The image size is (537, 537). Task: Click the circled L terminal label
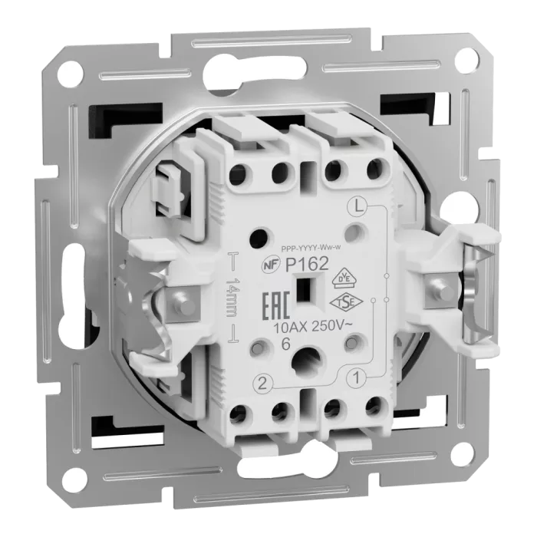pos(355,205)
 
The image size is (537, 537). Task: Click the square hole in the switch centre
pos(305,292)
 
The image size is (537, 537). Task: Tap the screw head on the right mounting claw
pos(440,289)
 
